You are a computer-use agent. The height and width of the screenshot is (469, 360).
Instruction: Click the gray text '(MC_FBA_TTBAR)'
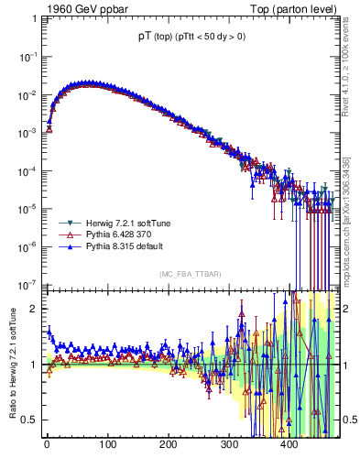pos(188,274)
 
